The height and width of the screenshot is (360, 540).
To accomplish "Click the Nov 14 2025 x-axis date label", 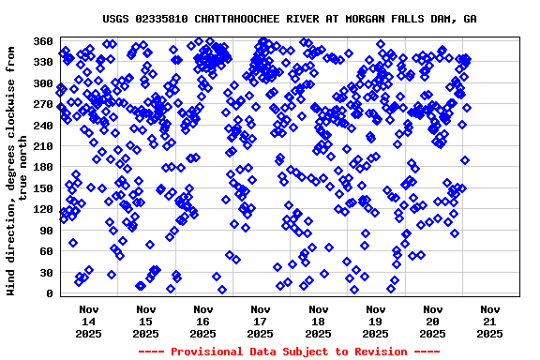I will [x=89, y=320].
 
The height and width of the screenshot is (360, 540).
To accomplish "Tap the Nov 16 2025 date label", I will [x=203, y=320].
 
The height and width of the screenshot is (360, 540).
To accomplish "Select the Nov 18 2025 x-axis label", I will [x=318, y=320].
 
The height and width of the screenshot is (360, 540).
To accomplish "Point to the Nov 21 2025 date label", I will [x=489, y=320].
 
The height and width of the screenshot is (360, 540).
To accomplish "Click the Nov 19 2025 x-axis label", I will [x=375, y=320].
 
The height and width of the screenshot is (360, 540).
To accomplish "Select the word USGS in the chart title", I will [x=117, y=19].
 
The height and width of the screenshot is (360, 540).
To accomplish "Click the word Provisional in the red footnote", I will [x=207, y=351].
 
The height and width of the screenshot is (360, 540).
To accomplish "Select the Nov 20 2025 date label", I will [x=432, y=320].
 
